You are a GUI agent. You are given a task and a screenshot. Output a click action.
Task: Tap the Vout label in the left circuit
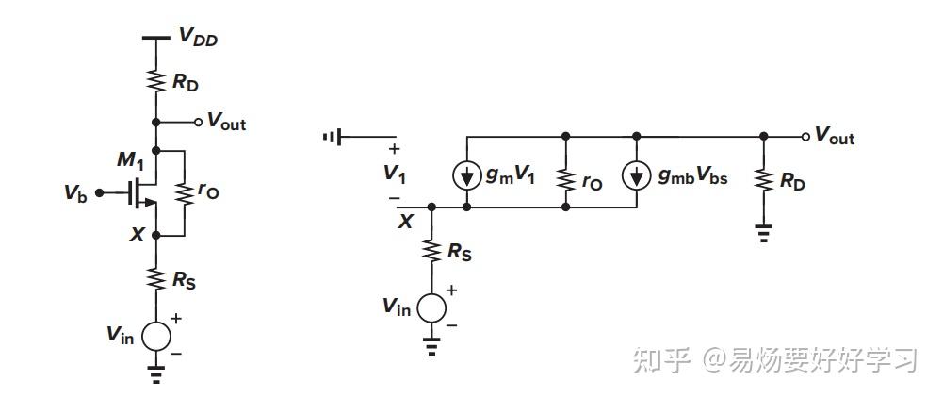226,122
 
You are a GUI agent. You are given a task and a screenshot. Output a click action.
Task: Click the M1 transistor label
128,161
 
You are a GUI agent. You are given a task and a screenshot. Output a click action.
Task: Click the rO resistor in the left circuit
184,191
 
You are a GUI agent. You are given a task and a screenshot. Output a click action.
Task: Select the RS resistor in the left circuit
156,278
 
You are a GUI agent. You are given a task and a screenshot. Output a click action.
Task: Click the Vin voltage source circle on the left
156,336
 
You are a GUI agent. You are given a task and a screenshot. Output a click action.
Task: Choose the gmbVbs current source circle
637,174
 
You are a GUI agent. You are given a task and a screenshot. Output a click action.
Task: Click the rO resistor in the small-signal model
564,179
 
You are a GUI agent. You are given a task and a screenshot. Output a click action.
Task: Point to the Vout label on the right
834,137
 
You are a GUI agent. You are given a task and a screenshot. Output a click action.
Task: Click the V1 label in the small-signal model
393,174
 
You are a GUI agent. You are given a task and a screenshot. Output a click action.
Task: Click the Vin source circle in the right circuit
431,307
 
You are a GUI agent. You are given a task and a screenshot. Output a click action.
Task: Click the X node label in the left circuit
137,235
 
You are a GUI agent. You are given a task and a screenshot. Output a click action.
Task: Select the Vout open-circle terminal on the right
805,137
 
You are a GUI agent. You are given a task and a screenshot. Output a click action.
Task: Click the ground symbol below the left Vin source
156,375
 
